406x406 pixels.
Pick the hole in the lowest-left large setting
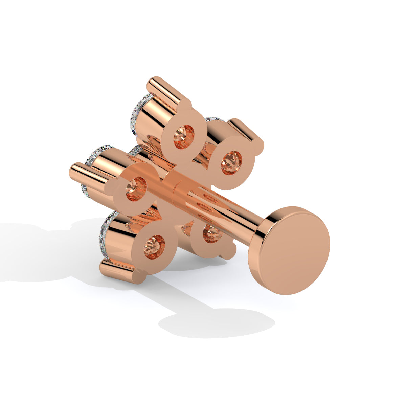coord(154,248)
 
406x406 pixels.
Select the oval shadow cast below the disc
coord(217,323)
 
